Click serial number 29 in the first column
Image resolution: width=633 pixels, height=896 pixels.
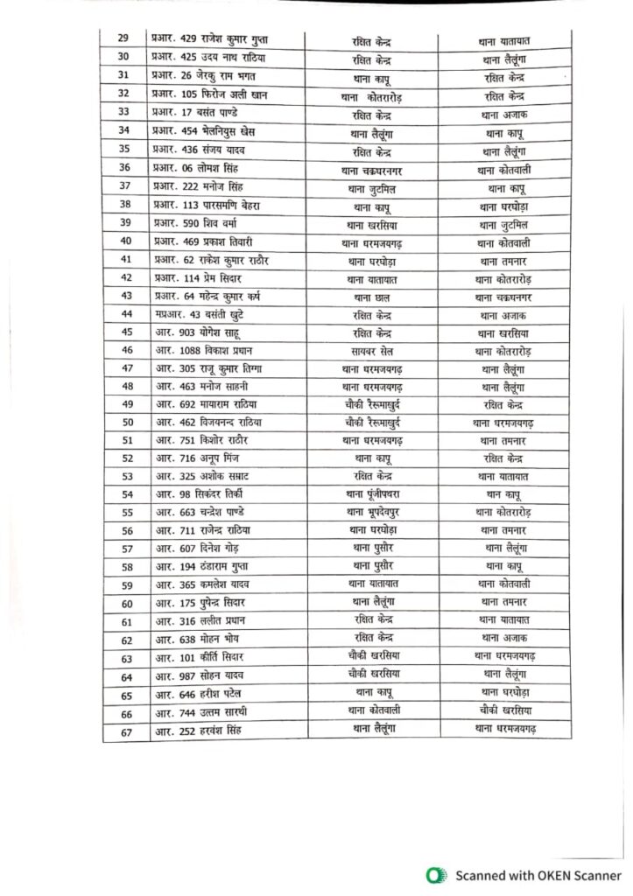coord(123,39)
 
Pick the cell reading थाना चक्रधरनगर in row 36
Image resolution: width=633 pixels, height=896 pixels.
coord(372,168)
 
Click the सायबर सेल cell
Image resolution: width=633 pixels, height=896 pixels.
coord(372,350)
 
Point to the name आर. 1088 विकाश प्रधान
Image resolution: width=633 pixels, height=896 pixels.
coord(201,350)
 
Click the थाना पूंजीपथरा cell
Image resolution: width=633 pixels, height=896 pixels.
coord(372,495)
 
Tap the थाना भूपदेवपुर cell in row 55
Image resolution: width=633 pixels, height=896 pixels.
coord(372,512)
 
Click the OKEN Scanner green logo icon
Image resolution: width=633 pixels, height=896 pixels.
coord(433,875)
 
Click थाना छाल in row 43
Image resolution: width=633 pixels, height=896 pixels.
coord(372,296)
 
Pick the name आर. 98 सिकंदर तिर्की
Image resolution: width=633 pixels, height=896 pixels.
coord(200,495)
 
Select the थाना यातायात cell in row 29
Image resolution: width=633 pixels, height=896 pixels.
coord(512,39)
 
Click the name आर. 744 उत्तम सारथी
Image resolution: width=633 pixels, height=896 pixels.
coord(200,712)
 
